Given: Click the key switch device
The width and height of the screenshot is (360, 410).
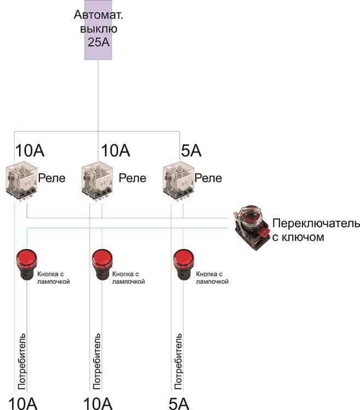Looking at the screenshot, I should click(251, 227).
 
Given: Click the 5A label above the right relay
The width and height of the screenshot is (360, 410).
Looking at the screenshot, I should click(191, 150).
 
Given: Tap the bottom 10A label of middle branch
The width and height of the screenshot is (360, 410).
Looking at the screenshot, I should click(98, 403).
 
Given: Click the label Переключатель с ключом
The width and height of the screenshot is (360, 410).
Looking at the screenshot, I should click(316, 230).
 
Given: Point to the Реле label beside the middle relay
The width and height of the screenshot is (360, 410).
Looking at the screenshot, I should click(132, 178).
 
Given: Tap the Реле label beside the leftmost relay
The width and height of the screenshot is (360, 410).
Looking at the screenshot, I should click(51, 178).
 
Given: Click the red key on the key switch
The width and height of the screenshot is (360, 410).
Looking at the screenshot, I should click(264, 232).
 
